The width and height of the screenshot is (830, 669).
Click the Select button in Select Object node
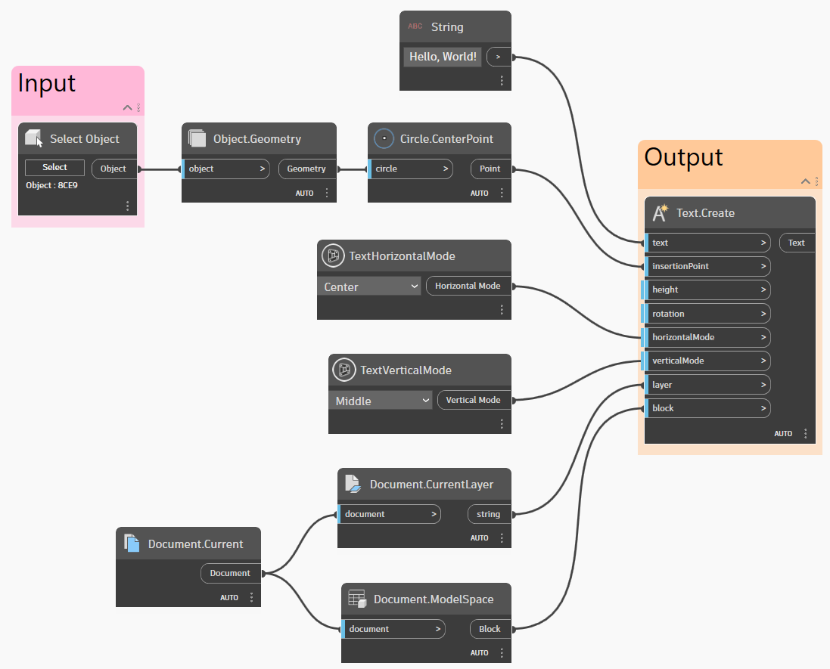click(x=54, y=168)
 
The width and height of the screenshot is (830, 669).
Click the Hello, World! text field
click(x=443, y=57)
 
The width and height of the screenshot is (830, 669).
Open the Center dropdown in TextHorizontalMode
click(x=369, y=286)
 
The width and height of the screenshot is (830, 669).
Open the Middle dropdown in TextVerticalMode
click(x=381, y=401)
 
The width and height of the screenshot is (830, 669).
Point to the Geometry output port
click(x=306, y=169)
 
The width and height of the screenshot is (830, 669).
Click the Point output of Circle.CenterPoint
click(x=490, y=169)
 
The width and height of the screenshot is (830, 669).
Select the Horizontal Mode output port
click(x=468, y=286)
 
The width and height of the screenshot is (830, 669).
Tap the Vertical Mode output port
click(x=473, y=400)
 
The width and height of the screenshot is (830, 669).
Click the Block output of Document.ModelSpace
click(x=490, y=629)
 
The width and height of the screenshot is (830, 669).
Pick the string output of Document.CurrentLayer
click(x=488, y=514)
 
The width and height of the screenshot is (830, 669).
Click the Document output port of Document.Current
click(x=230, y=573)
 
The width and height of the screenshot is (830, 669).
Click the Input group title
click(x=47, y=83)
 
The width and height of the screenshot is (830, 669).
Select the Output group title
click(x=683, y=157)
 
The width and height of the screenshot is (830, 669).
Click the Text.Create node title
click(x=705, y=213)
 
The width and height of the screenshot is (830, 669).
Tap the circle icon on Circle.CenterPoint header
click(x=384, y=139)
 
